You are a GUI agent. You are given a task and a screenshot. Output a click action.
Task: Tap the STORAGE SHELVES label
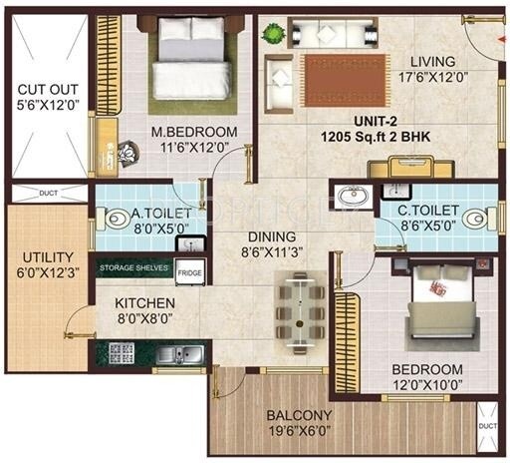134,268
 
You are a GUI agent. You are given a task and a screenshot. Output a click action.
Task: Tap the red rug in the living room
345,75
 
